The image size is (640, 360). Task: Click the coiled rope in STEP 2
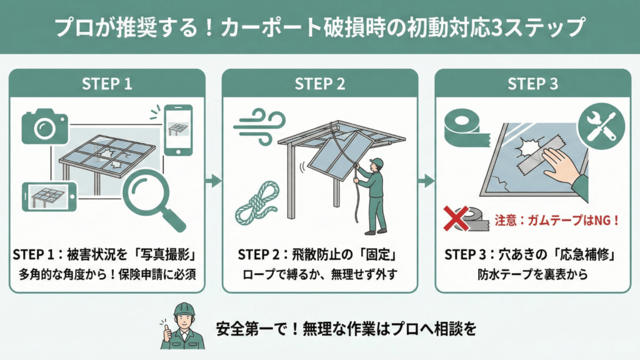pos(257,202)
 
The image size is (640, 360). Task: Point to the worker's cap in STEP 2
pos(376,163)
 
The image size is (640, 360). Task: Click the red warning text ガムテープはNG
pos(557,219)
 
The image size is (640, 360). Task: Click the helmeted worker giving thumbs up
pos(184,326)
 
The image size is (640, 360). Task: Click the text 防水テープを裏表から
pos(532,274)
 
